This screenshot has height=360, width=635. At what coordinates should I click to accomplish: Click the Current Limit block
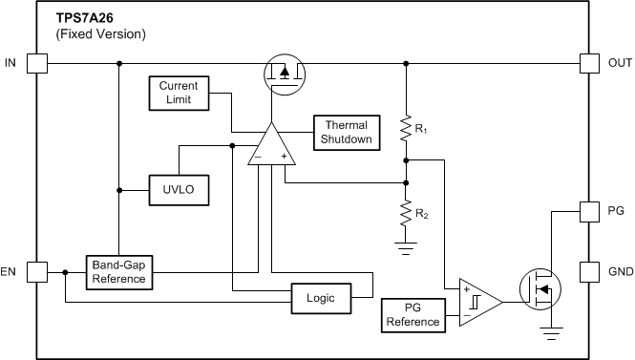tap(179, 93)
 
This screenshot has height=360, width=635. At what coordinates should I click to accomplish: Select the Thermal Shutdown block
tap(346, 132)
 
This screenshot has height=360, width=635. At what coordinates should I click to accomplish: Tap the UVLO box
tap(179, 190)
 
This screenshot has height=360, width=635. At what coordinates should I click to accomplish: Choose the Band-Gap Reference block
tap(118, 271)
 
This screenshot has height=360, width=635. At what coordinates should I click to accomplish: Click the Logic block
tap(321, 297)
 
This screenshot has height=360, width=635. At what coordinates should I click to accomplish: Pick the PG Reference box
tap(413, 314)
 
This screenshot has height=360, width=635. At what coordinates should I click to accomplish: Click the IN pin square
tap(36, 64)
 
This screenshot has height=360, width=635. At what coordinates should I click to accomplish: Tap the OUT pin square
tap(591, 64)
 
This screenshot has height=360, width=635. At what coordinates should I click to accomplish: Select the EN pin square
tap(36, 271)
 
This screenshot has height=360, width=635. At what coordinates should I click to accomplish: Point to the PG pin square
tap(591, 210)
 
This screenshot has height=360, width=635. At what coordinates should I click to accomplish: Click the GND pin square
tap(591, 271)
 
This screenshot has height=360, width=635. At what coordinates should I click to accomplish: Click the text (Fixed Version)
tap(101, 33)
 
